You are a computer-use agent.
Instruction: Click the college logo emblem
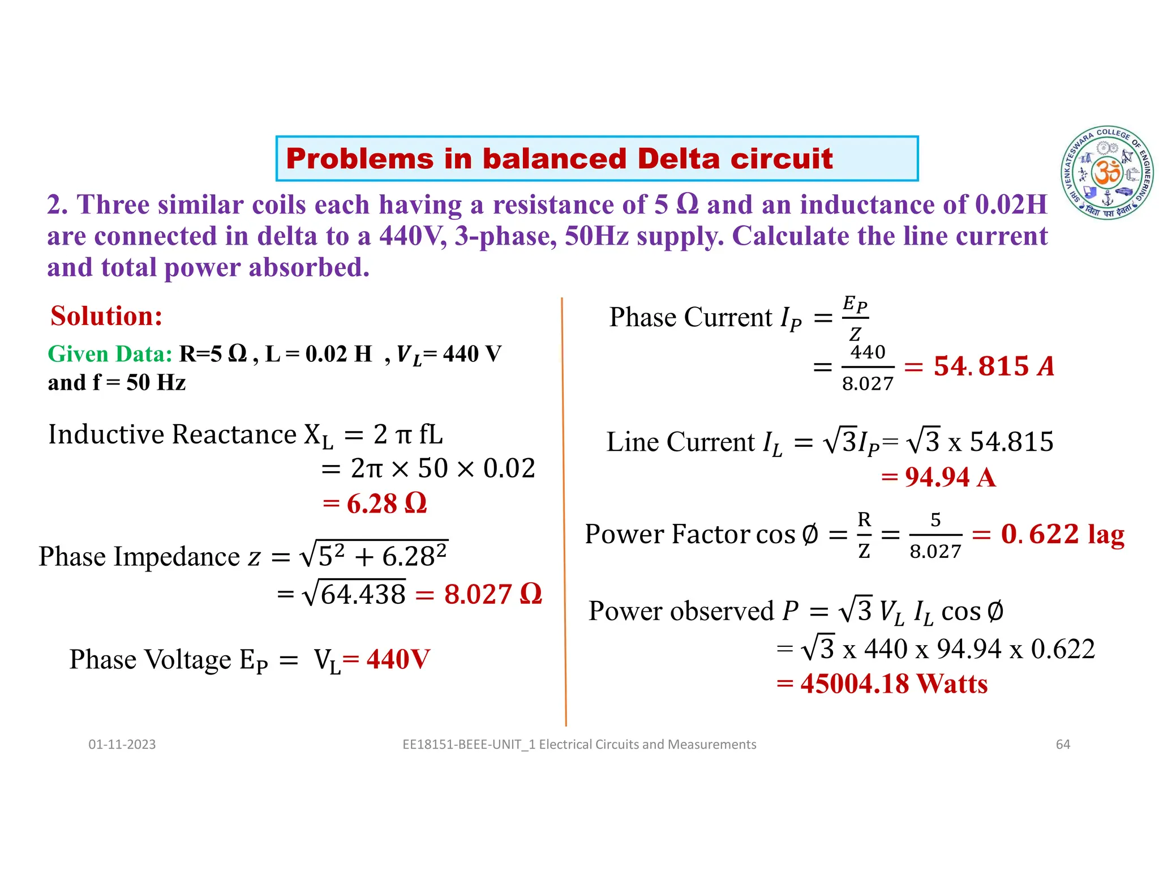pos(1107,173)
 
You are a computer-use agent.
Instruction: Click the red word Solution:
pos(106,316)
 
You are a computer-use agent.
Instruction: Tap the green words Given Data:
pos(110,354)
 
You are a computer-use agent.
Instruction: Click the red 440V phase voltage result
pos(398,659)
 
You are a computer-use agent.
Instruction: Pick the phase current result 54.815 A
pos(994,366)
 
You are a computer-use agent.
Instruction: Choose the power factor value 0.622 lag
pos(1062,534)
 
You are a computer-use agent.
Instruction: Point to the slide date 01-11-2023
pos(122,744)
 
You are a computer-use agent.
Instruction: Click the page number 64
pos(1063,744)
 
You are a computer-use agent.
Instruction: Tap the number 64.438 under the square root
pos(363,595)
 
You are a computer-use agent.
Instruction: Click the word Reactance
pos(234,434)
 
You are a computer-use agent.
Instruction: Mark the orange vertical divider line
pos(564,510)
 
